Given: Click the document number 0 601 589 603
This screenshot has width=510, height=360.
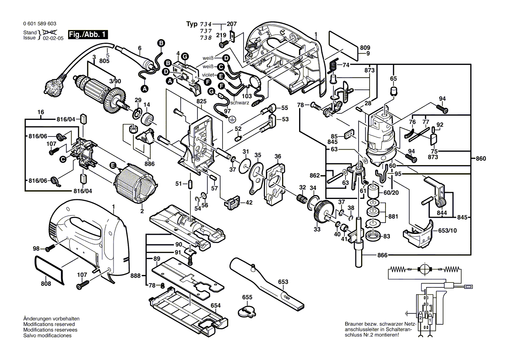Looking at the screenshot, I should [x=39, y=24].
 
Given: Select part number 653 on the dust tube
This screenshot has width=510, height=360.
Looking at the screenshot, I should [x=283, y=281].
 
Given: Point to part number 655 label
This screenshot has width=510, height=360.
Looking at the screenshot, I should [x=248, y=297].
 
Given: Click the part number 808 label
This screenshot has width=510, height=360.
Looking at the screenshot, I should [x=46, y=284].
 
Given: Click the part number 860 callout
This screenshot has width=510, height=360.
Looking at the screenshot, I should [x=480, y=158].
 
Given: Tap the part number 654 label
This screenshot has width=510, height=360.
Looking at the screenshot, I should [x=216, y=306].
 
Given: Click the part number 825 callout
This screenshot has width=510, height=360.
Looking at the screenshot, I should [x=201, y=101].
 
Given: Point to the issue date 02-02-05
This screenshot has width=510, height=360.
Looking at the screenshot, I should [x=53, y=38].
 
